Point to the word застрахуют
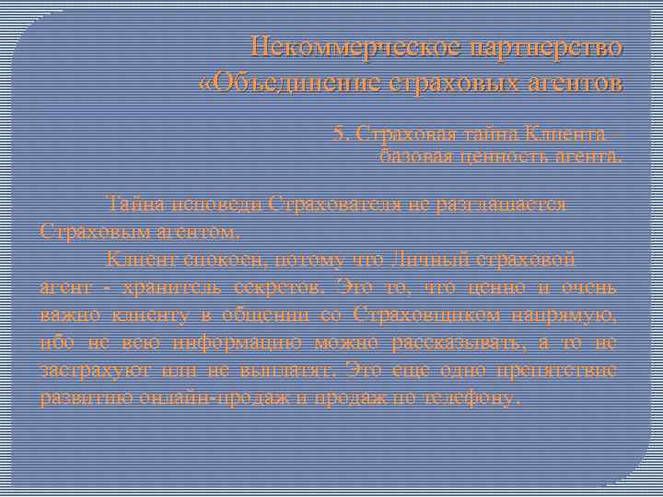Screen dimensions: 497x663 coord(90,371)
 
